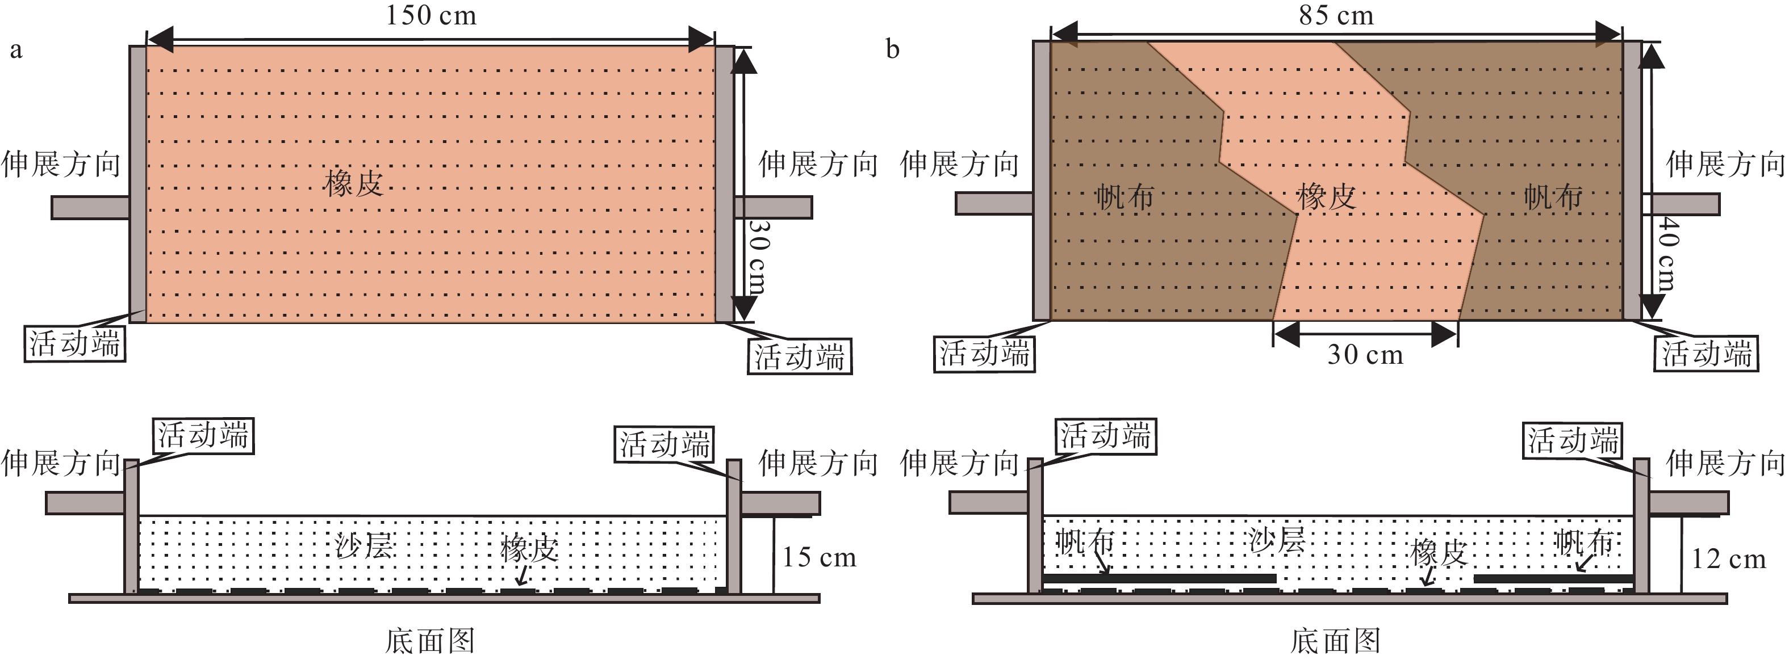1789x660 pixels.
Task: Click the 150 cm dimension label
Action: coord(430,15)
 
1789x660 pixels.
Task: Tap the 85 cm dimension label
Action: coord(1336,15)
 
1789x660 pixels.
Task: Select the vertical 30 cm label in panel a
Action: coord(758,256)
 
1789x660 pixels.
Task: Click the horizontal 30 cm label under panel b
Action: coord(1365,355)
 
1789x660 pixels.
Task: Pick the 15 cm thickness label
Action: coord(820,557)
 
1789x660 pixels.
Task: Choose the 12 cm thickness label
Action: coord(1728,558)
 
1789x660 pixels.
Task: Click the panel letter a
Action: coord(16,51)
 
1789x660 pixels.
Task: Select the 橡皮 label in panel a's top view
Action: coord(353,184)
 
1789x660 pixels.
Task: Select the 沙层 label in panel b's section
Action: coord(1277,540)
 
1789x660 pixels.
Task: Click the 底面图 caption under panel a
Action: coord(430,641)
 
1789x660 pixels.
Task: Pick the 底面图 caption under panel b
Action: coord(1335,641)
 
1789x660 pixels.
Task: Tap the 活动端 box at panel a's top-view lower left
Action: coord(75,343)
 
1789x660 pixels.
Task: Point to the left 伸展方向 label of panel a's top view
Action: coord(61,165)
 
